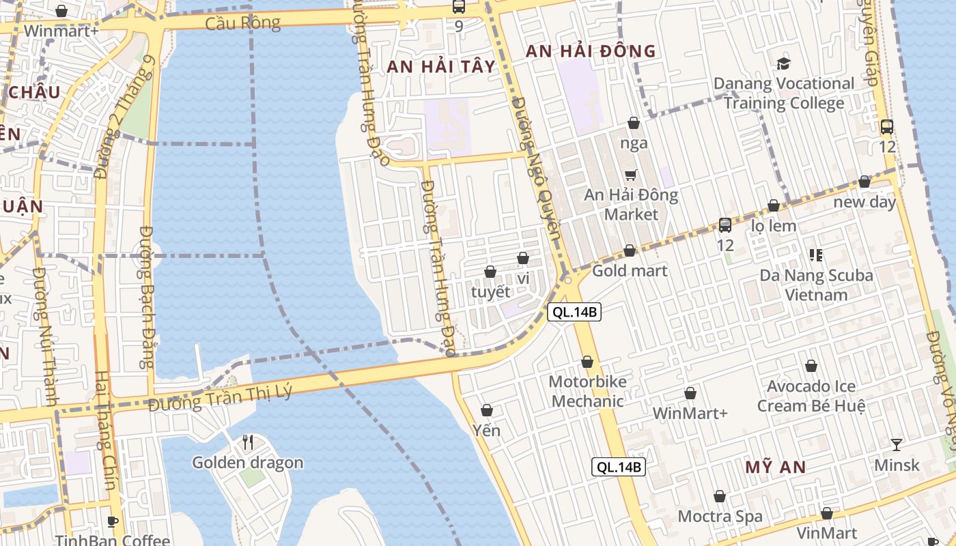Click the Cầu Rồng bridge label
point(242,23)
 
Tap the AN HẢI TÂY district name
point(440,66)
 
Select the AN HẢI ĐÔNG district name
point(590,51)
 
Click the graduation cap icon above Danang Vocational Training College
point(783,63)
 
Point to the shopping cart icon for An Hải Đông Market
point(631,175)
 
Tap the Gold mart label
point(630,270)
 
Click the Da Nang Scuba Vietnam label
point(816,285)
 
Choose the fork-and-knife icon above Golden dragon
point(248,442)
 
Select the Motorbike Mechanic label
point(587,391)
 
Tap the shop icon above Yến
point(487,410)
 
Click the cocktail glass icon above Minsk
point(897,445)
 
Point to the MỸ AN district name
point(775,468)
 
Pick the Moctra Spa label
point(720,516)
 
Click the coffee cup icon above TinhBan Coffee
point(113,521)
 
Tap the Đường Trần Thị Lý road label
point(220,397)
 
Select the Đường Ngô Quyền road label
point(535,174)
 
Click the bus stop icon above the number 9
point(458,7)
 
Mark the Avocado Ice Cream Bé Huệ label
point(811,396)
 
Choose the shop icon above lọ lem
point(774,205)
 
